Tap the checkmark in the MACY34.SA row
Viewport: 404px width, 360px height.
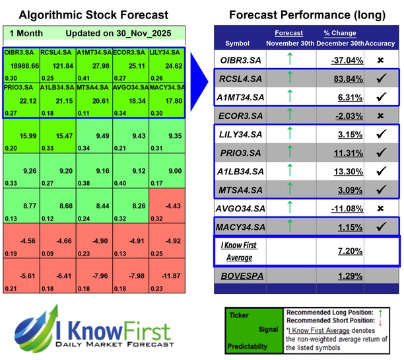pos(381,227)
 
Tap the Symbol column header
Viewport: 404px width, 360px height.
pos(238,43)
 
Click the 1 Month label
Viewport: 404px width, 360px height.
pos(28,32)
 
